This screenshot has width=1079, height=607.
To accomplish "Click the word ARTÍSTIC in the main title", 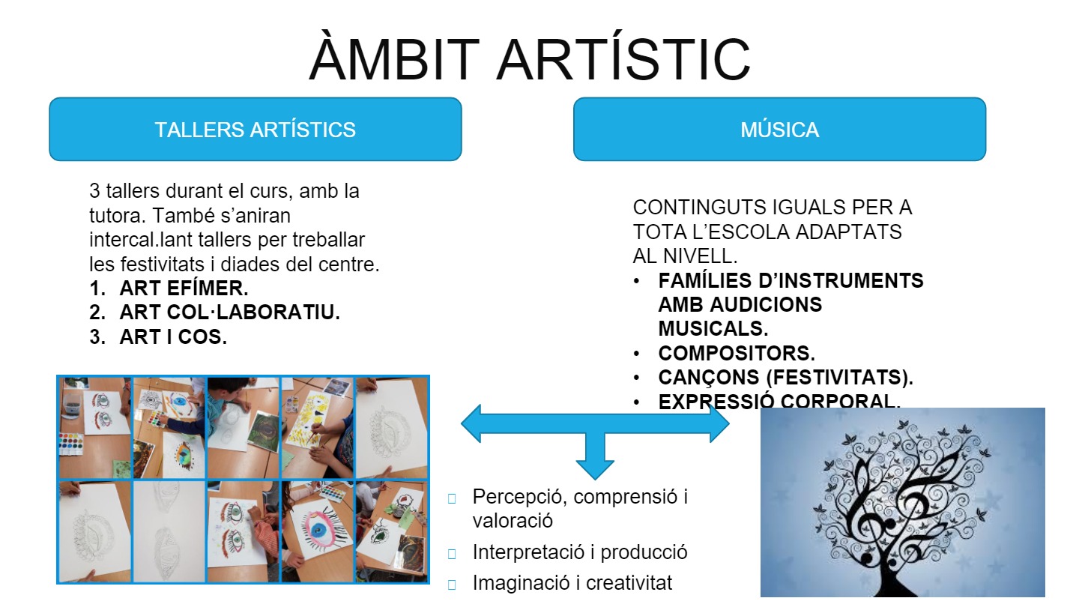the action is coord(623,58).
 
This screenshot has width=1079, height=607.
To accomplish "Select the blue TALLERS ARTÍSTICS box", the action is coord(256,129).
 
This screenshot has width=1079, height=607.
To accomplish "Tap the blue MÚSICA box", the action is coord(779,129).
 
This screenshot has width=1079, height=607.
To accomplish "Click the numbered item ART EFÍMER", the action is coord(184,288).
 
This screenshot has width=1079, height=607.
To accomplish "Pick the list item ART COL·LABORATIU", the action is coord(230,312).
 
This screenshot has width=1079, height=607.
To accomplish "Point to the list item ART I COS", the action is coord(173,336).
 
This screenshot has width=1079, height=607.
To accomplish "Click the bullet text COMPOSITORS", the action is coord(737,353).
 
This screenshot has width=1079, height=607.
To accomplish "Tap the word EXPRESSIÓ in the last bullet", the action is coord(716,402).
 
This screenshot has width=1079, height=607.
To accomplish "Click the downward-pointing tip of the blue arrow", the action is coord(595,479).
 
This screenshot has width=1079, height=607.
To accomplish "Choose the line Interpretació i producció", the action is coord(579,552).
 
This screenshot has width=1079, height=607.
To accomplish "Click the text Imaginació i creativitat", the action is coord(572,583).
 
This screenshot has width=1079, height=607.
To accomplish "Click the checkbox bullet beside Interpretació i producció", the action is coord(452,554).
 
